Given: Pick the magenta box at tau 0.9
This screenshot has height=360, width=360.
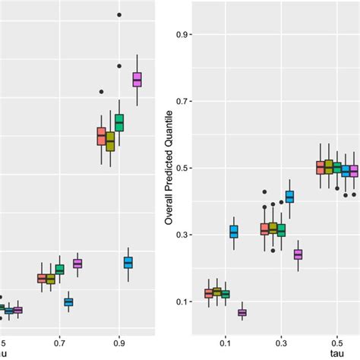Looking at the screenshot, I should pyautogui.click(x=137, y=79).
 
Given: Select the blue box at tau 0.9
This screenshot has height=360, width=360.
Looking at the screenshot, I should pyautogui.click(x=128, y=262).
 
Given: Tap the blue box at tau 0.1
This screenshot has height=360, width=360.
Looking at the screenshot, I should pyautogui.click(x=234, y=232).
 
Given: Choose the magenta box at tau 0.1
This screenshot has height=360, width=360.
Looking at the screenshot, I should pyautogui.click(x=242, y=312).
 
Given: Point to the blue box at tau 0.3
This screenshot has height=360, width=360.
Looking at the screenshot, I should pyautogui.click(x=289, y=197).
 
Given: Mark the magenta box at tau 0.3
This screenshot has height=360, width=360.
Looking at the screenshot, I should pyautogui.click(x=298, y=254).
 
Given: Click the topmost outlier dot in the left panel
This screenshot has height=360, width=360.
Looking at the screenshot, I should pyautogui.click(x=119, y=14).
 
